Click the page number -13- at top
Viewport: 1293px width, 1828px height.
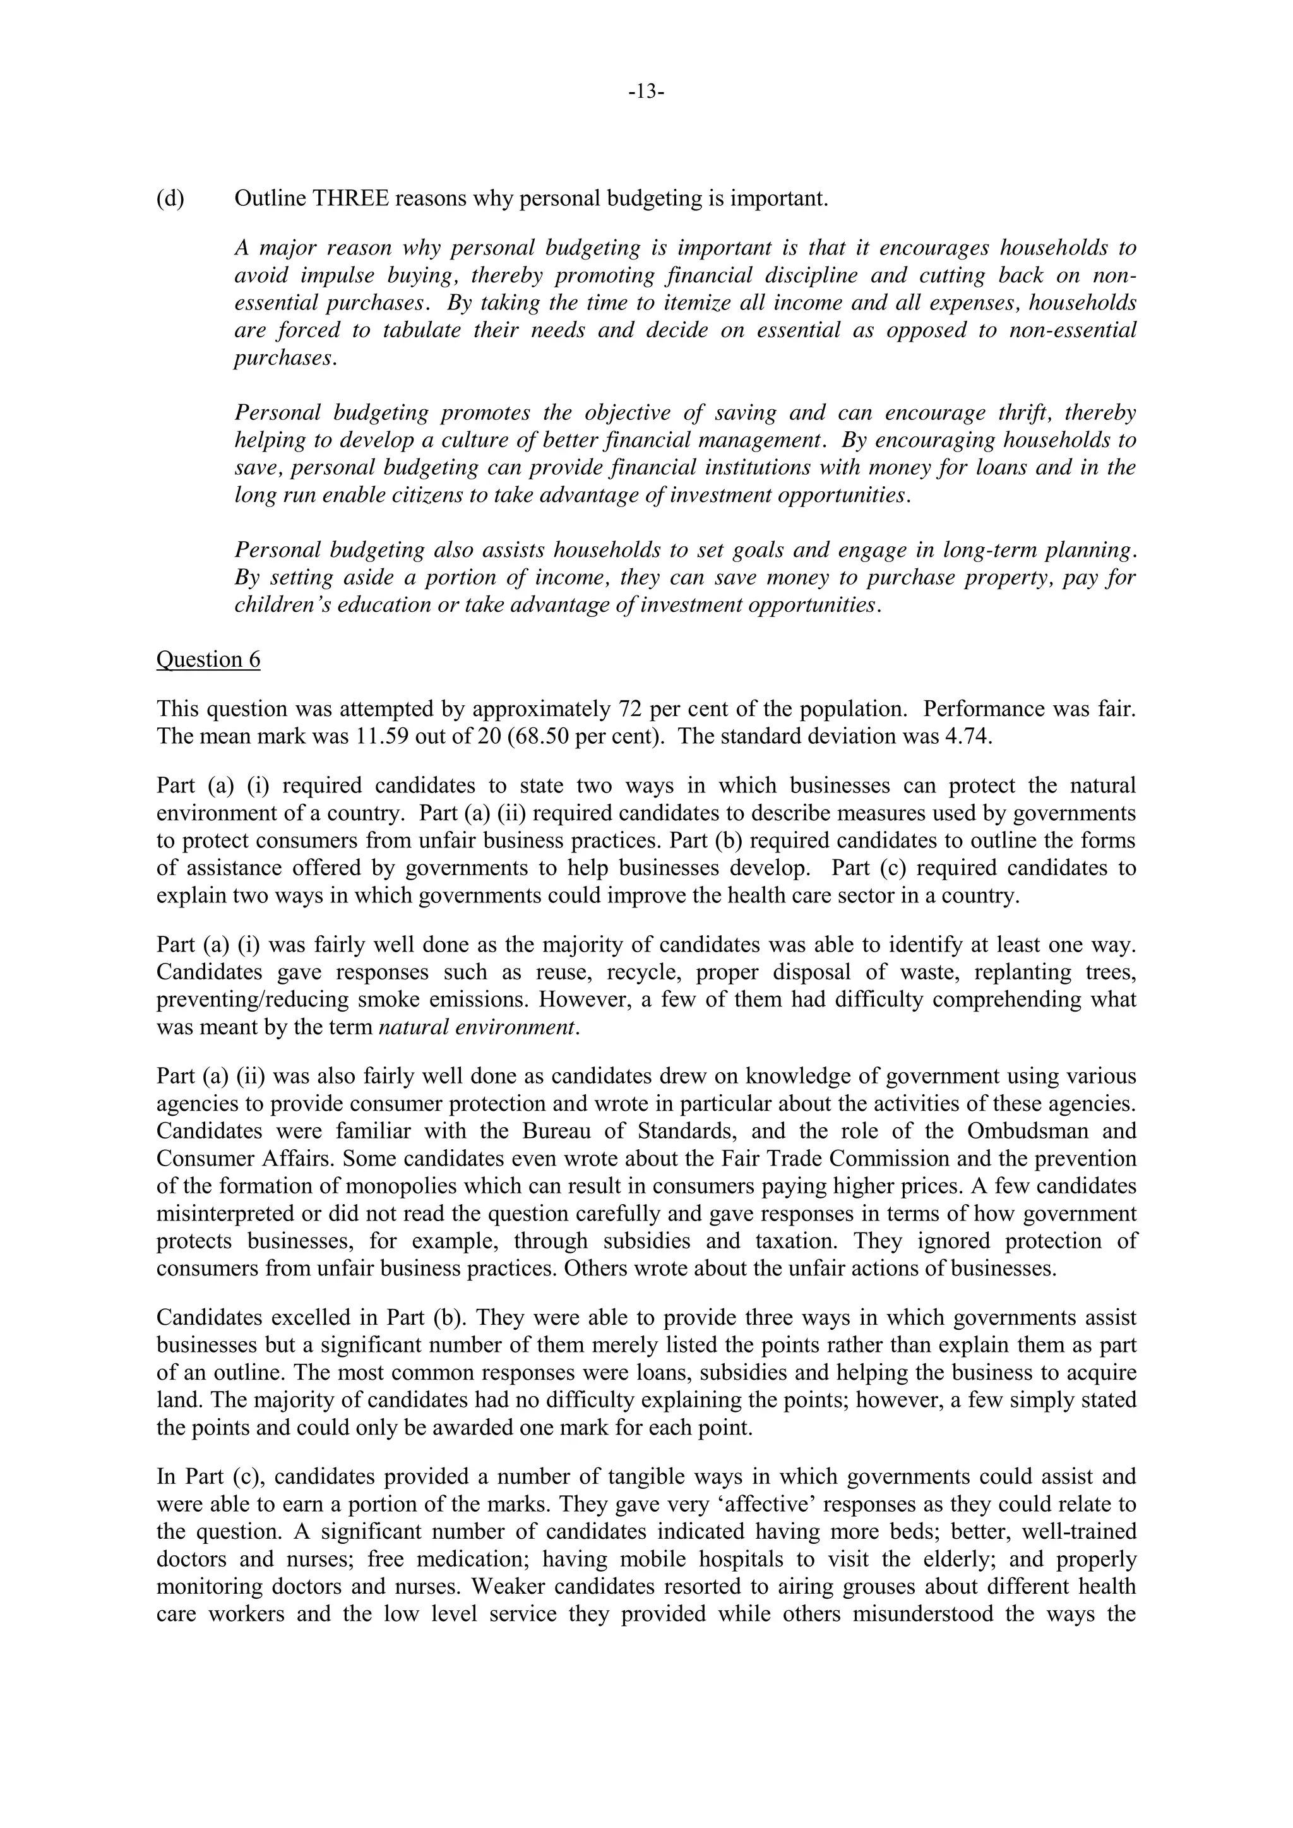646,92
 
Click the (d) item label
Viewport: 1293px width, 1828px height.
170,198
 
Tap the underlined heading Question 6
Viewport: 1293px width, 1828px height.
208,659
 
